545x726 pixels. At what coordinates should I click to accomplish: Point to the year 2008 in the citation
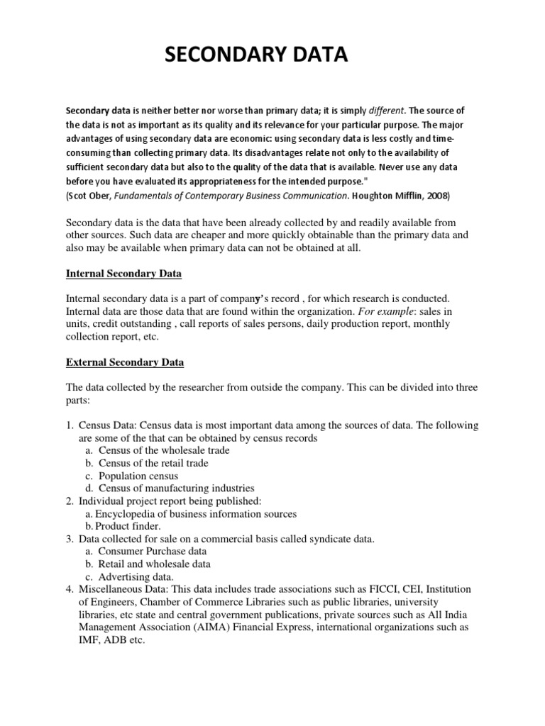coord(436,194)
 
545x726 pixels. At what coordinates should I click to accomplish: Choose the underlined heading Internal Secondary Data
coord(125,273)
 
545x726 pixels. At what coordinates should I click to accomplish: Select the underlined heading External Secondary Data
coord(125,362)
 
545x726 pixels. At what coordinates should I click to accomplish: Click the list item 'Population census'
coord(138,476)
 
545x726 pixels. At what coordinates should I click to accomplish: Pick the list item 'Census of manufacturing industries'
coord(176,488)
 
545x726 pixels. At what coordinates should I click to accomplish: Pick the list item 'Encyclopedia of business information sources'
coord(197,513)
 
